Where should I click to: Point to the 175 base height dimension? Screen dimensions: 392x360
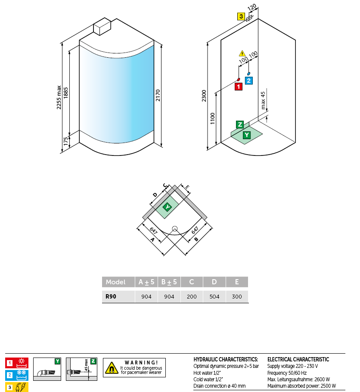tap(66, 142)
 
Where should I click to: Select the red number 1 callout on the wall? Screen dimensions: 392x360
tap(238, 87)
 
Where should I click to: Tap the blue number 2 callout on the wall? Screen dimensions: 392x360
tap(249, 80)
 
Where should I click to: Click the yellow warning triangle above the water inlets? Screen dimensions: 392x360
tap(242, 53)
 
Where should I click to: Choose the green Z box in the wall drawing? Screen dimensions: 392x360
tap(240, 125)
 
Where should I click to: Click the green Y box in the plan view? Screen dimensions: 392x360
tap(167, 208)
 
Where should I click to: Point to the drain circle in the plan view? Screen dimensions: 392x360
tap(175, 229)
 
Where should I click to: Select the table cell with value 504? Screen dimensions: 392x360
tap(214, 297)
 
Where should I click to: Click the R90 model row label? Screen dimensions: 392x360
tap(112, 297)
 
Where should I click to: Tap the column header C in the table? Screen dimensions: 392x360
tap(192, 282)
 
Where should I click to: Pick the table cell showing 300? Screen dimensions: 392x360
tap(237, 297)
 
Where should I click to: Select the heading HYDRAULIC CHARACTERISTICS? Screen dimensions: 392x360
tap(226, 359)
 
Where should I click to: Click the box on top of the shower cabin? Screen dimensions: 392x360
tap(102, 27)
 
